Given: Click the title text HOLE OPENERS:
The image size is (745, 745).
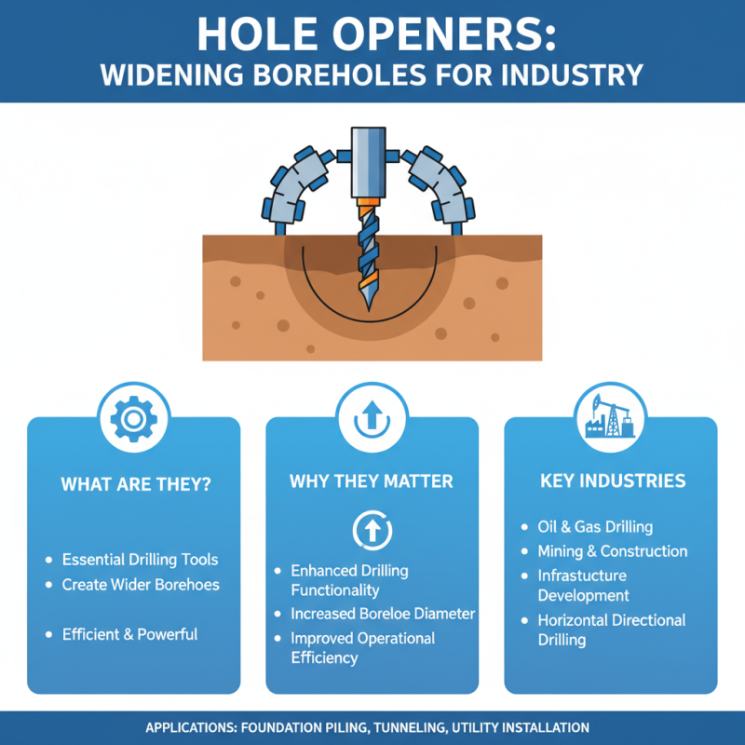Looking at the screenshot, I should pos(372,34).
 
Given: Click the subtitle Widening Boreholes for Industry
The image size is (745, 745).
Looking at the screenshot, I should pos(372,74).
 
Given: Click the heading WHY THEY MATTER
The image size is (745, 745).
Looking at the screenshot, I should pos(372,481).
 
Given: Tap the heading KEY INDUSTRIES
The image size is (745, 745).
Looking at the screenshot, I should pos(612,481).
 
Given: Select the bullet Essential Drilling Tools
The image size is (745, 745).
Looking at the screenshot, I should pos(140,560).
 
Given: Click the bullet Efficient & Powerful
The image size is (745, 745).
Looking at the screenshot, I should pos(129,634).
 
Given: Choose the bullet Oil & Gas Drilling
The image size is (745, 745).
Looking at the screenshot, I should pos(595,527).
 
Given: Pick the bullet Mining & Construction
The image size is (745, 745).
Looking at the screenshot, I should pos(612,551).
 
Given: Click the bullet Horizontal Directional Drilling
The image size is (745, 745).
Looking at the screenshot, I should pos(611,630).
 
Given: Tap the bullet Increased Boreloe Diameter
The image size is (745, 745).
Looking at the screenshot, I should pos(383,614).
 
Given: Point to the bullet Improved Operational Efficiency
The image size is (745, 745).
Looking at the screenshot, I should pos(362,648).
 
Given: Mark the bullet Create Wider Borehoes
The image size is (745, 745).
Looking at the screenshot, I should pos(141,584).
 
